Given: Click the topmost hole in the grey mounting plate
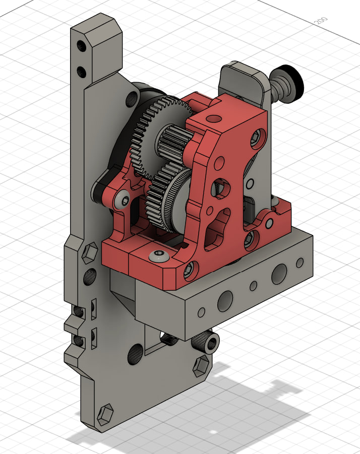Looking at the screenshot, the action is point(81,46).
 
